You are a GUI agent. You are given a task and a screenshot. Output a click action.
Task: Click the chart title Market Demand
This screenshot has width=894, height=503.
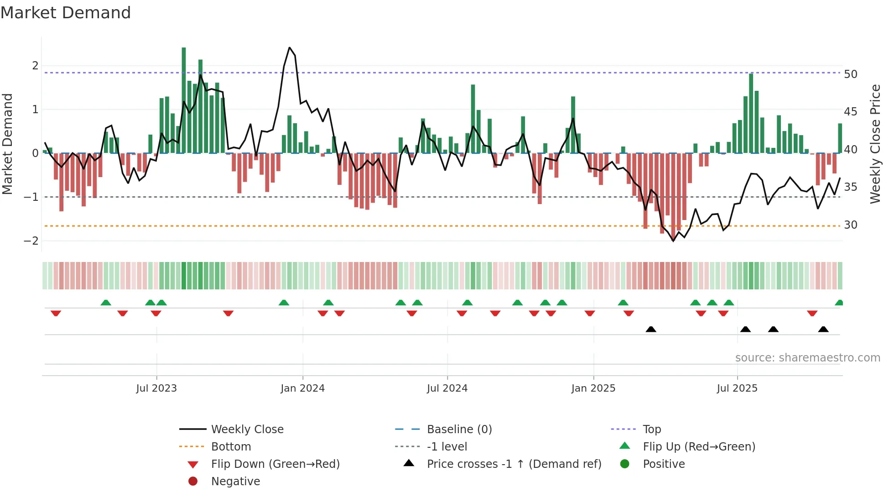(x=66, y=13)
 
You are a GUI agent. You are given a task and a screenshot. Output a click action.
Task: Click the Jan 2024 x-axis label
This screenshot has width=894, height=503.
(x=302, y=388)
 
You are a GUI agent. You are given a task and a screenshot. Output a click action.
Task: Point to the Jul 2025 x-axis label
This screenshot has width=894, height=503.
(x=737, y=388)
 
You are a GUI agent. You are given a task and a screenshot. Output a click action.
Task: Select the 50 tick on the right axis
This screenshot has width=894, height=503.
(x=851, y=74)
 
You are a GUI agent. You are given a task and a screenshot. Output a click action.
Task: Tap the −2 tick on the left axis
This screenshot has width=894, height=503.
(x=31, y=241)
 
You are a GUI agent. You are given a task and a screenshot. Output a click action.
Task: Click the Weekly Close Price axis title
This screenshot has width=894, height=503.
(x=875, y=144)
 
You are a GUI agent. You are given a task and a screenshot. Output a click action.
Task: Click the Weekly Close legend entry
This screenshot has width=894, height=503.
(x=247, y=430)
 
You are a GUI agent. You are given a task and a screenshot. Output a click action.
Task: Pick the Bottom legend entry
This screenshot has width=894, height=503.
(x=231, y=447)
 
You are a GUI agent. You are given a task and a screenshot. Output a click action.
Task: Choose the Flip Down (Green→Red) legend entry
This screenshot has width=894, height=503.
(x=275, y=464)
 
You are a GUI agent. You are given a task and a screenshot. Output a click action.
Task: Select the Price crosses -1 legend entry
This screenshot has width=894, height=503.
(x=514, y=464)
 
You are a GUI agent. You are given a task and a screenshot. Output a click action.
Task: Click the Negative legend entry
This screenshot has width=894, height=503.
(x=235, y=482)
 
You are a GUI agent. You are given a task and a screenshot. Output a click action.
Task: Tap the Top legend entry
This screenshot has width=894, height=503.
(x=652, y=430)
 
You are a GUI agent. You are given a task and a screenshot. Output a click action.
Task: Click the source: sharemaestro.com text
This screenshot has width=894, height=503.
(x=807, y=358)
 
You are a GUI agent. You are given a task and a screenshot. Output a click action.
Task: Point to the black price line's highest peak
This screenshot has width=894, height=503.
(x=290, y=48)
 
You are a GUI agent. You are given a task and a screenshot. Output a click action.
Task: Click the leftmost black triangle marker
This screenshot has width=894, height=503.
(x=651, y=329)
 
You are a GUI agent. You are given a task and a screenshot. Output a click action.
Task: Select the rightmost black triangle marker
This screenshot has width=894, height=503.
(x=823, y=329)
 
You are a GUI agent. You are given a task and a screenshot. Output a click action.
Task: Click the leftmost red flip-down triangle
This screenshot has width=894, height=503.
(x=56, y=313)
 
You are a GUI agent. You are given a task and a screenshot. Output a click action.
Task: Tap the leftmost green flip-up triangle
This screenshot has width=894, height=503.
(x=106, y=303)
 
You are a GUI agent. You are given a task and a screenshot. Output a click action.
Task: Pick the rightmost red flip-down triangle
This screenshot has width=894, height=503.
(x=812, y=313)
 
